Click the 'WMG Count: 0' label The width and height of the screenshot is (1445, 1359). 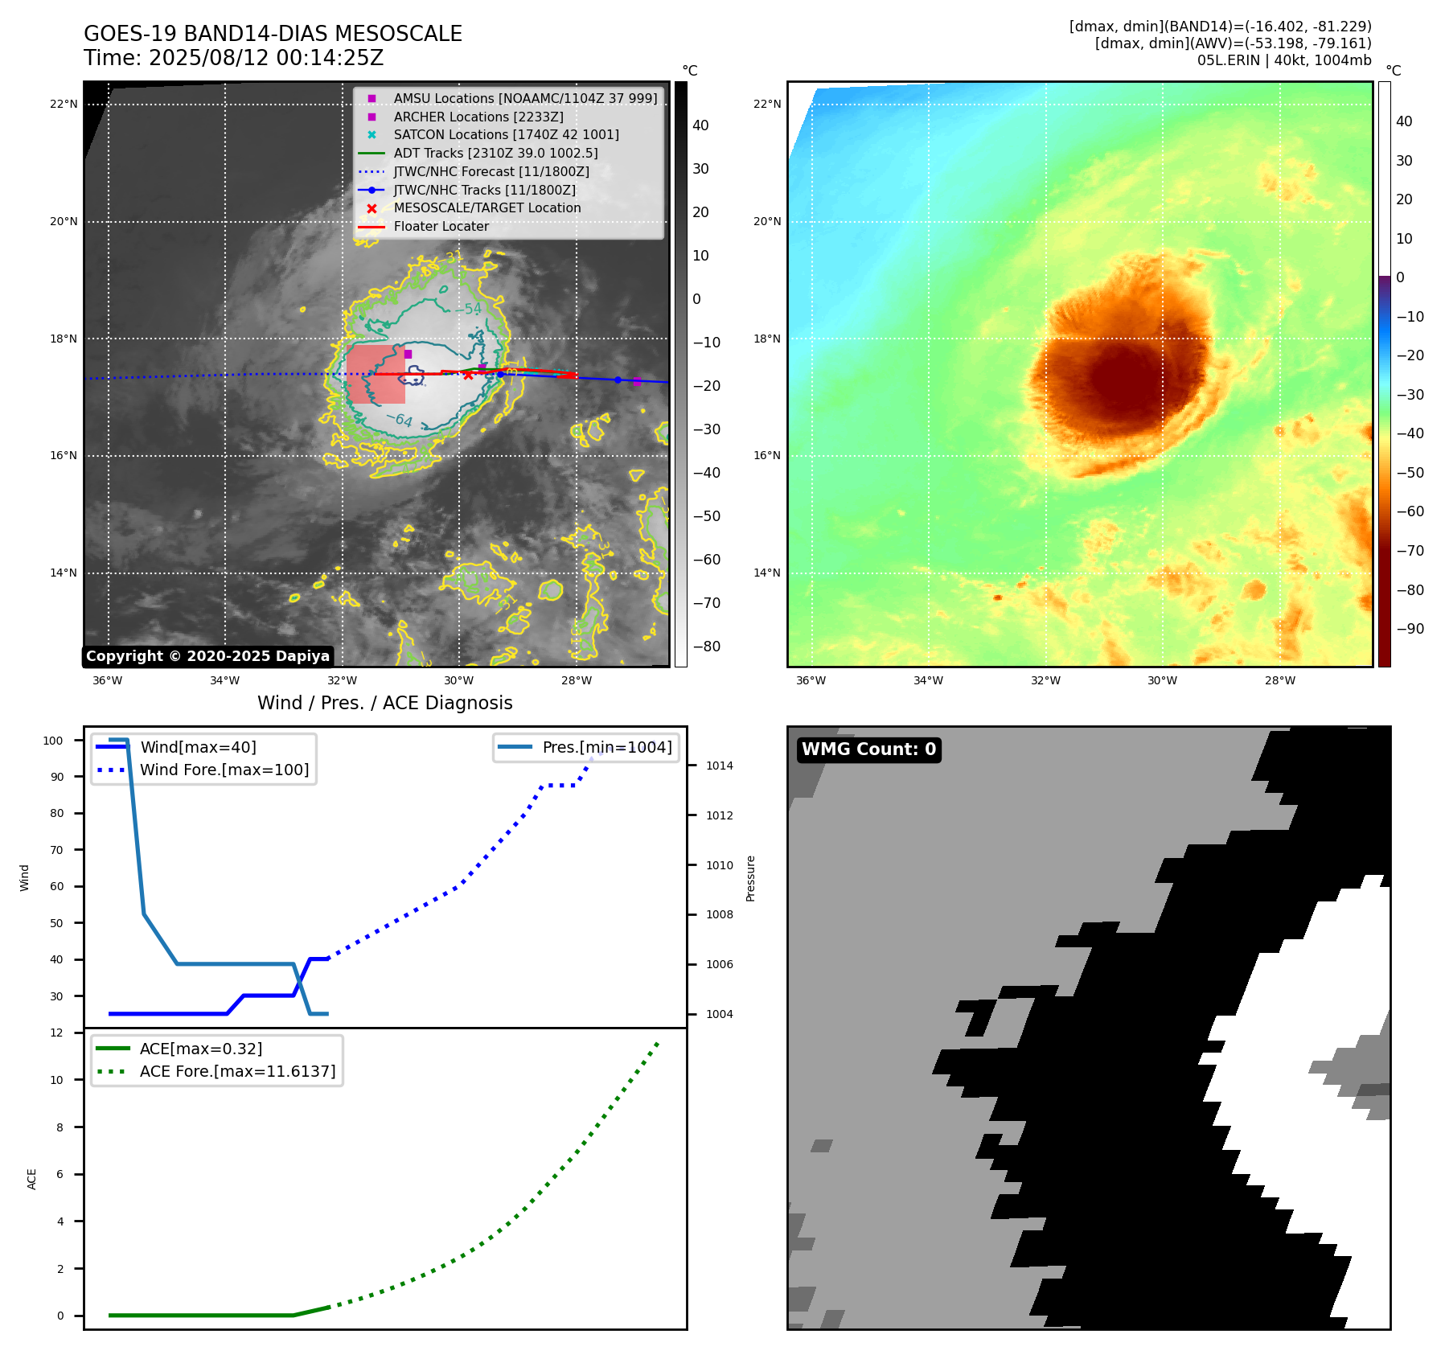(x=868, y=749)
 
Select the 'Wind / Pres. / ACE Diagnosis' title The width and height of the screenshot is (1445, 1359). (x=384, y=703)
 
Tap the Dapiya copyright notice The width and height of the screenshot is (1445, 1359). (x=207, y=656)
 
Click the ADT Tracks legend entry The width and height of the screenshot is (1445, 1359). (x=495, y=153)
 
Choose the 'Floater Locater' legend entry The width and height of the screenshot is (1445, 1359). (x=441, y=227)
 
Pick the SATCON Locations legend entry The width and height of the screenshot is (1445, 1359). (x=506, y=134)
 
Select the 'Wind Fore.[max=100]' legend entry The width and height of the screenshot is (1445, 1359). (x=224, y=770)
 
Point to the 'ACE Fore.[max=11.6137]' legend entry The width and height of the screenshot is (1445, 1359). (x=237, y=1071)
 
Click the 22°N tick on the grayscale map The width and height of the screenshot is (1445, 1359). (x=64, y=104)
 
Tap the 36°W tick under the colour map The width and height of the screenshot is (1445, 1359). (x=811, y=680)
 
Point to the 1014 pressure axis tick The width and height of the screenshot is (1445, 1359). (x=719, y=766)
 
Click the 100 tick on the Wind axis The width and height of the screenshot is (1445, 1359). (x=53, y=741)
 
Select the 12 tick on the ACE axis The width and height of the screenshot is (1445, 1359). (x=56, y=1033)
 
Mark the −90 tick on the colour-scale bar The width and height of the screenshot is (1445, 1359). (x=1410, y=629)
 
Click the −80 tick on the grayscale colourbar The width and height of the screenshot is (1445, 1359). (x=707, y=647)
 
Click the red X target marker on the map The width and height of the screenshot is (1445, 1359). (x=468, y=376)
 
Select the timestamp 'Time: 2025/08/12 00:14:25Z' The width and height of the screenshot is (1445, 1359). (x=233, y=58)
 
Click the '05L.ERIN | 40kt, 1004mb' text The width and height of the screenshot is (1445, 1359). (x=1284, y=60)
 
